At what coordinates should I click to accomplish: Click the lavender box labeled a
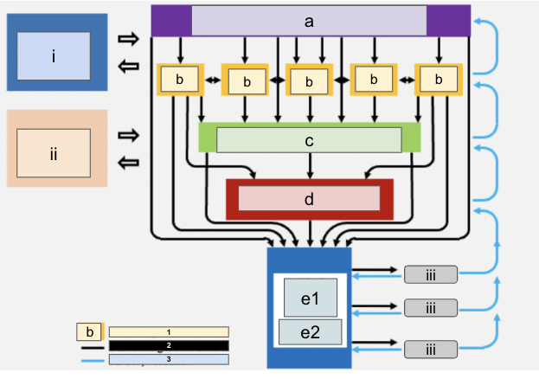[309, 21]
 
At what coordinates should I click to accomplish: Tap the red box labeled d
[309, 198]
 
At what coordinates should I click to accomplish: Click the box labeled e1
[311, 297]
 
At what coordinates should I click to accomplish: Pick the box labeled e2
[311, 331]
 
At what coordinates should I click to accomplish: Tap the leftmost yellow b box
[180, 80]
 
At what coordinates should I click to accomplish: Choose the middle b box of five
[311, 81]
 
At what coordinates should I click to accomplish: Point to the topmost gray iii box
[431, 274]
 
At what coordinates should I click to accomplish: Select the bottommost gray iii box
[431, 349]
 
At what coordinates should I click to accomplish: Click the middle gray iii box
[431, 306]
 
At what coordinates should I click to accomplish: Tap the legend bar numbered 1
[169, 331]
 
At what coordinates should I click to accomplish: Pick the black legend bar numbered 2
[169, 345]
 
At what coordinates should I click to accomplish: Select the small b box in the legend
[90, 331]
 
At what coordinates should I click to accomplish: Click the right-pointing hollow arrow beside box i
[128, 39]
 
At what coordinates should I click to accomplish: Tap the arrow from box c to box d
[310, 167]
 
